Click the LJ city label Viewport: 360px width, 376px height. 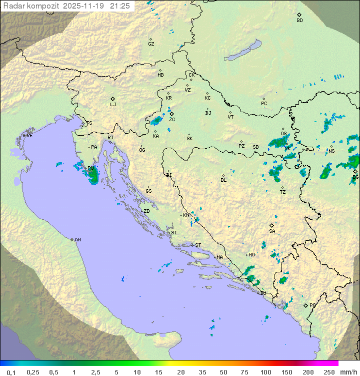click(x=113, y=105)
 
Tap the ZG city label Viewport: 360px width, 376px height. click(x=172, y=120)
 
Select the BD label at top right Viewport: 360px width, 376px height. click(x=299, y=21)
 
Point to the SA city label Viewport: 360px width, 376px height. click(x=272, y=231)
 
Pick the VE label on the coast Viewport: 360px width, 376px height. click(x=29, y=136)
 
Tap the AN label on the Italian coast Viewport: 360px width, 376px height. click(x=77, y=240)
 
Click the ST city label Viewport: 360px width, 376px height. click(x=198, y=245)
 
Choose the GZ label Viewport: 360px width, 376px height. click(x=151, y=44)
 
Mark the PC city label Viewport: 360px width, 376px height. click(x=264, y=104)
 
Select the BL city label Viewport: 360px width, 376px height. click(x=223, y=180)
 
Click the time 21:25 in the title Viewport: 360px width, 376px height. click(x=120, y=6)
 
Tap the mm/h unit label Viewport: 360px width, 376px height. click(x=347, y=372)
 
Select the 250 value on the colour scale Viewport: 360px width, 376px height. click(x=328, y=372)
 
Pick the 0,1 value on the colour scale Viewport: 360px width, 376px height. click(x=10, y=372)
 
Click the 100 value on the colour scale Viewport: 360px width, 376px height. click(x=265, y=372)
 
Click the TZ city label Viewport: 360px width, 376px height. click(x=282, y=192)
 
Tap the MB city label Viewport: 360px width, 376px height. click(x=160, y=75)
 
